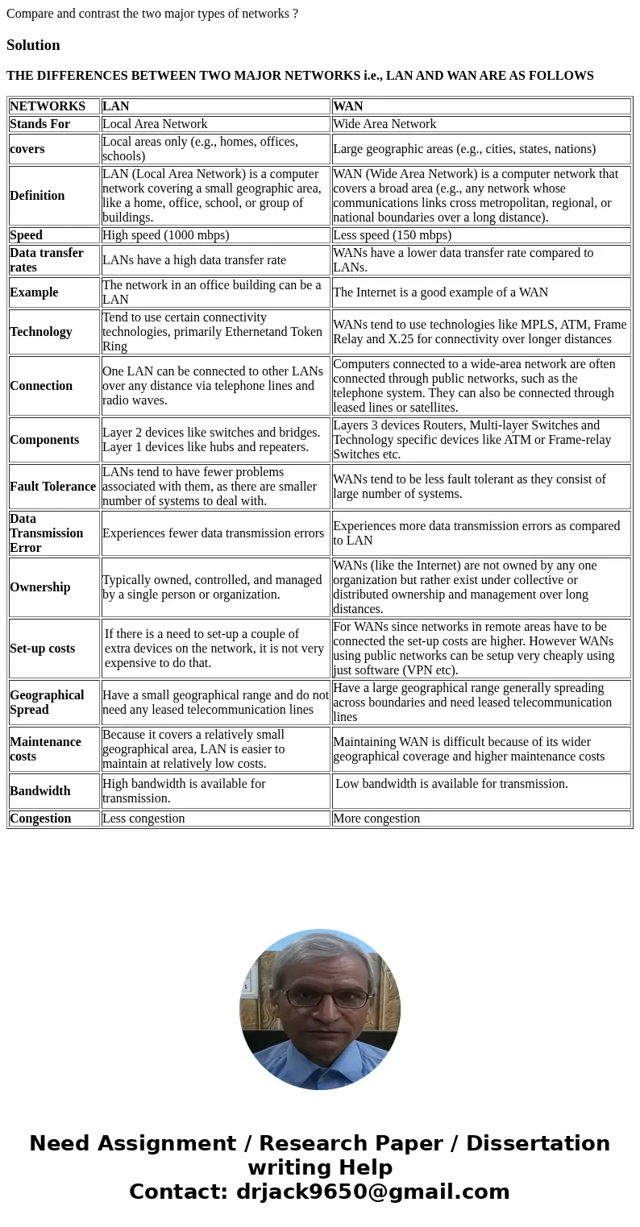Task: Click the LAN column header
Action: point(115,106)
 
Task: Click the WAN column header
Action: point(347,106)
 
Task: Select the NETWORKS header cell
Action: point(48,106)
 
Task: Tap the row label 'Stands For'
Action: point(39,124)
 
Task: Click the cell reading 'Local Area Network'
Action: point(155,124)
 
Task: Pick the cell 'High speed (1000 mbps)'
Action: point(165,235)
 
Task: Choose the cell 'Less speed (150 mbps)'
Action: point(392,235)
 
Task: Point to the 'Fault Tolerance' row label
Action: point(52,487)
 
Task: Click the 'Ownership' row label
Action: point(39,587)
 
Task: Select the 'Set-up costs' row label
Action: point(42,649)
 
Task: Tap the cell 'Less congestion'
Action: point(143,819)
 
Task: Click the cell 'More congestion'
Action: point(376,819)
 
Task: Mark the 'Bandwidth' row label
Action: point(39,791)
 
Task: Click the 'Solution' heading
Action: point(33,45)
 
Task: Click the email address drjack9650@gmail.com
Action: point(372,1192)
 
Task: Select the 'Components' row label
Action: point(44,440)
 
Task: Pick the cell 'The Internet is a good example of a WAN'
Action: point(440,292)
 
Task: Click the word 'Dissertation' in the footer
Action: point(538,1144)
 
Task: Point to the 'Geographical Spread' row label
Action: point(47,703)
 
